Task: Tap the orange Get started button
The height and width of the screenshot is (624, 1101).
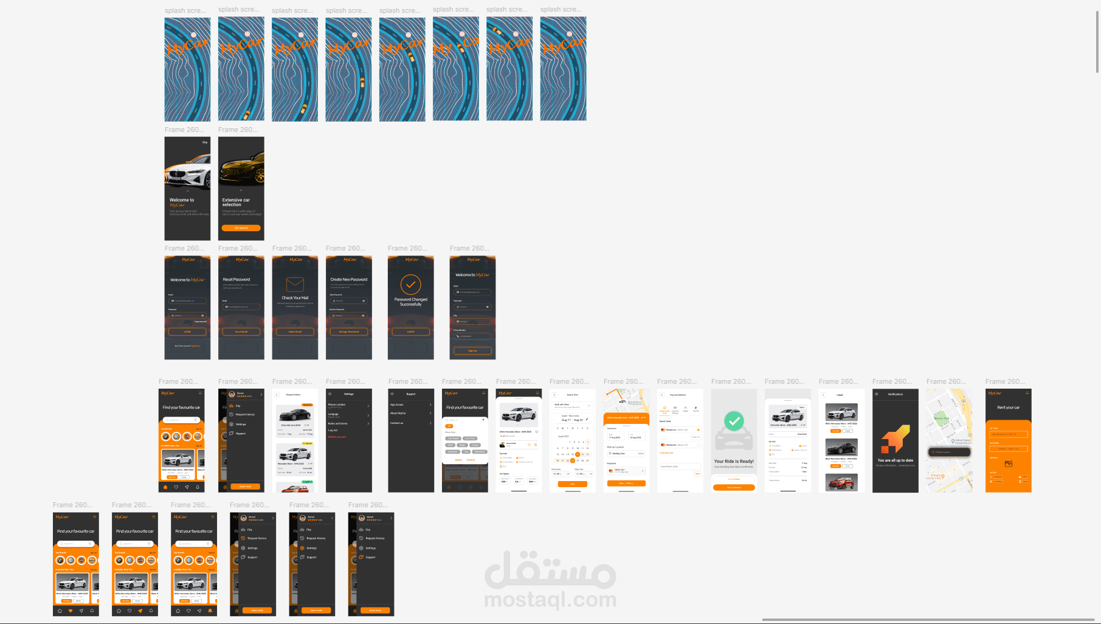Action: (241, 228)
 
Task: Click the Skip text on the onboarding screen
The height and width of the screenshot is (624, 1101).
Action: (205, 142)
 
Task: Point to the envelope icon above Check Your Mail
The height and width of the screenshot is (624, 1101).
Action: (295, 284)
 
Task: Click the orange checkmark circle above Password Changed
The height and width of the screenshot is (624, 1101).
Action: (410, 284)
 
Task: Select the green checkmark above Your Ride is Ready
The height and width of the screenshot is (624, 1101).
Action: (734, 421)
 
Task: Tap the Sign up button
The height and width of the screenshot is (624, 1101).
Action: (472, 351)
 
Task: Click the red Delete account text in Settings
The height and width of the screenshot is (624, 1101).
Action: (337, 437)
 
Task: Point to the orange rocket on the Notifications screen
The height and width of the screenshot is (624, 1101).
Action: (896, 439)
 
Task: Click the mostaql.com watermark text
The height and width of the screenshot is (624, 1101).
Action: (550, 600)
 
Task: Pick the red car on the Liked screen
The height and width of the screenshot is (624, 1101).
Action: (841, 482)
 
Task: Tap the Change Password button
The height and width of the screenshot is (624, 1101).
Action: (348, 331)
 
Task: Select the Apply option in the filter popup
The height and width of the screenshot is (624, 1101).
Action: (458, 460)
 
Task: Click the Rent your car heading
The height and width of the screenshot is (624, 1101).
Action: (1008, 407)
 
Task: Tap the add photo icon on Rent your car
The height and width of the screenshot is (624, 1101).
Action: (1008, 463)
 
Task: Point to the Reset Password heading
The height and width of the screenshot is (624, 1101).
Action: (236, 280)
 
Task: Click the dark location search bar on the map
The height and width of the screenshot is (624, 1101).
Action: (949, 452)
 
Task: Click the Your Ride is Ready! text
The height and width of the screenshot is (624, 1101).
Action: (734, 461)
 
